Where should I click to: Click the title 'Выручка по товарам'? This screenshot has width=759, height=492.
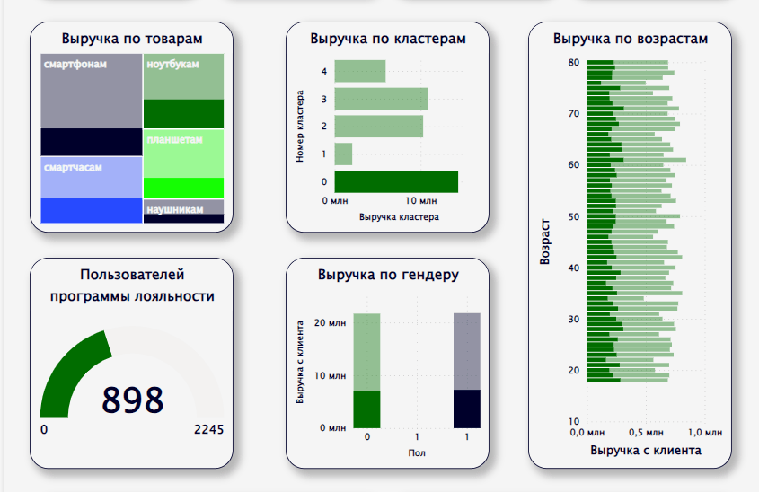click(132, 39)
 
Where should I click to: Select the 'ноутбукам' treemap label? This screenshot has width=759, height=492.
click(172, 65)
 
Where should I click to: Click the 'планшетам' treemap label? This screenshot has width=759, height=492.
click(175, 140)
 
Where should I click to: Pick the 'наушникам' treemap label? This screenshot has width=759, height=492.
click(175, 209)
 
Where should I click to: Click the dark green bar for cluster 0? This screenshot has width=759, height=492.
click(396, 181)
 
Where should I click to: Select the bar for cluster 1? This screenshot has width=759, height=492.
click(343, 154)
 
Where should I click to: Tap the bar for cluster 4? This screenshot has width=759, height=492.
click(359, 71)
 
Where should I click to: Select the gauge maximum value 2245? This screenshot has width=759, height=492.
click(208, 430)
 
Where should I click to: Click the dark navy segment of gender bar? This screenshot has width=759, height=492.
click(467, 409)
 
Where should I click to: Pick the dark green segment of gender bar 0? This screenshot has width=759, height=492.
click(367, 409)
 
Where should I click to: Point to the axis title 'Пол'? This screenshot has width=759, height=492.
click(417, 452)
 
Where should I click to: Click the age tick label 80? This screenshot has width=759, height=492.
click(573, 62)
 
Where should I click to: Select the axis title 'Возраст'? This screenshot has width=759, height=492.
click(545, 242)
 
